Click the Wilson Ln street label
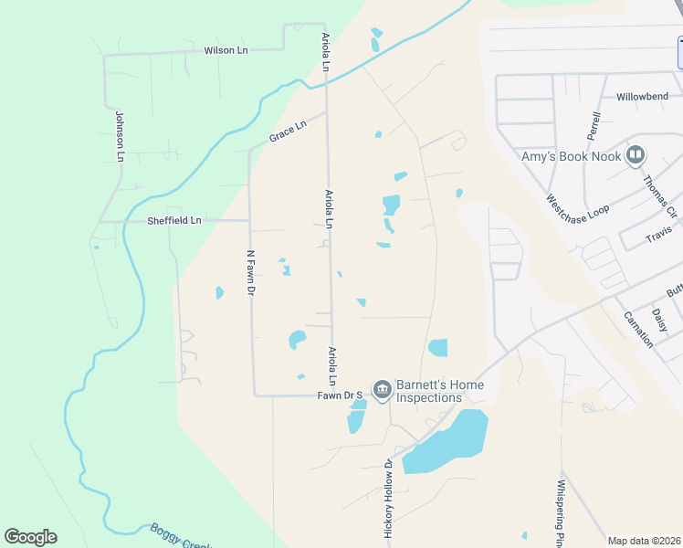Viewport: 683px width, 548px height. pyautogui.click(x=226, y=50)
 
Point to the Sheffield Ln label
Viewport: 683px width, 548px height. pyautogui.click(x=173, y=221)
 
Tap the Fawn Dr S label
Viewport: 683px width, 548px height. pyautogui.click(x=341, y=395)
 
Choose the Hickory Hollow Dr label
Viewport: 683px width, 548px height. pyautogui.click(x=388, y=498)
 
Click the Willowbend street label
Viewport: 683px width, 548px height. pyautogui.click(x=642, y=96)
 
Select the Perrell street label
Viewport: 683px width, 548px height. pyautogui.click(x=596, y=132)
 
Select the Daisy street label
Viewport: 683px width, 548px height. pyautogui.click(x=660, y=320)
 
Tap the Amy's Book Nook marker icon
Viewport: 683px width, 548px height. pyautogui.click(x=636, y=156)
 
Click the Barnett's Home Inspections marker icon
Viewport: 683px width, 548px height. pyautogui.click(x=382, y=390)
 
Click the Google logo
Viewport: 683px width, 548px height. pyautogui.click(x=30, y=537)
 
